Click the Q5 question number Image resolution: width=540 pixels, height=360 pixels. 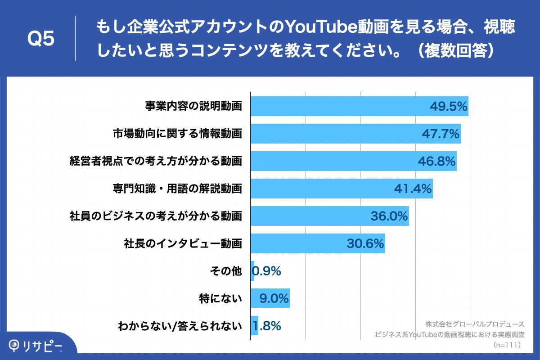41,39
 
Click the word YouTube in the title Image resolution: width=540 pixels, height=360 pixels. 321,28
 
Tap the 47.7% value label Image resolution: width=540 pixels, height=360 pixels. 440,134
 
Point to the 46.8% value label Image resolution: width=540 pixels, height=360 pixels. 436,161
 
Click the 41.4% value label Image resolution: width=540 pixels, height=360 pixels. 413,189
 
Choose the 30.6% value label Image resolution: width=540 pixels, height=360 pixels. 365,243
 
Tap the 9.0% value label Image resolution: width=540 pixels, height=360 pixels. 274,298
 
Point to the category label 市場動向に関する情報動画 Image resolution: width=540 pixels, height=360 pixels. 177,134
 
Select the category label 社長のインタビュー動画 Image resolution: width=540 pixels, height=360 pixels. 183,243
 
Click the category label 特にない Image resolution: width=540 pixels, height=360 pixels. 221,298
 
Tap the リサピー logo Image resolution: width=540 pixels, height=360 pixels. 36,346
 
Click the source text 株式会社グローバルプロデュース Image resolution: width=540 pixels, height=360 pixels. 475,324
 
